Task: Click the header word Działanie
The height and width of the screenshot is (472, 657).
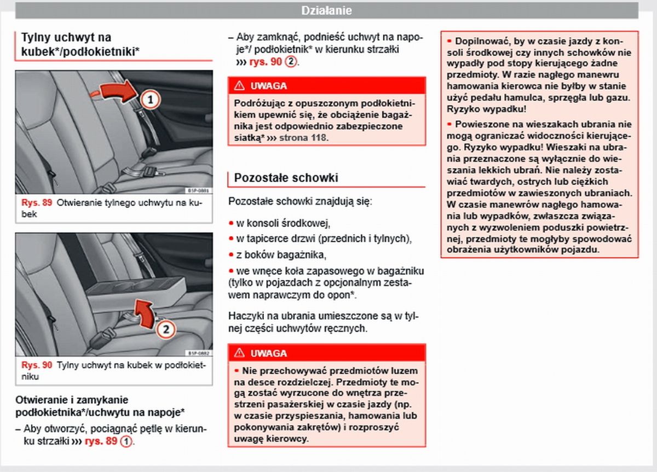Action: click(327, 10)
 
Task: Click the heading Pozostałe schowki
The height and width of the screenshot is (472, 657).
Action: click(286, 178)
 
